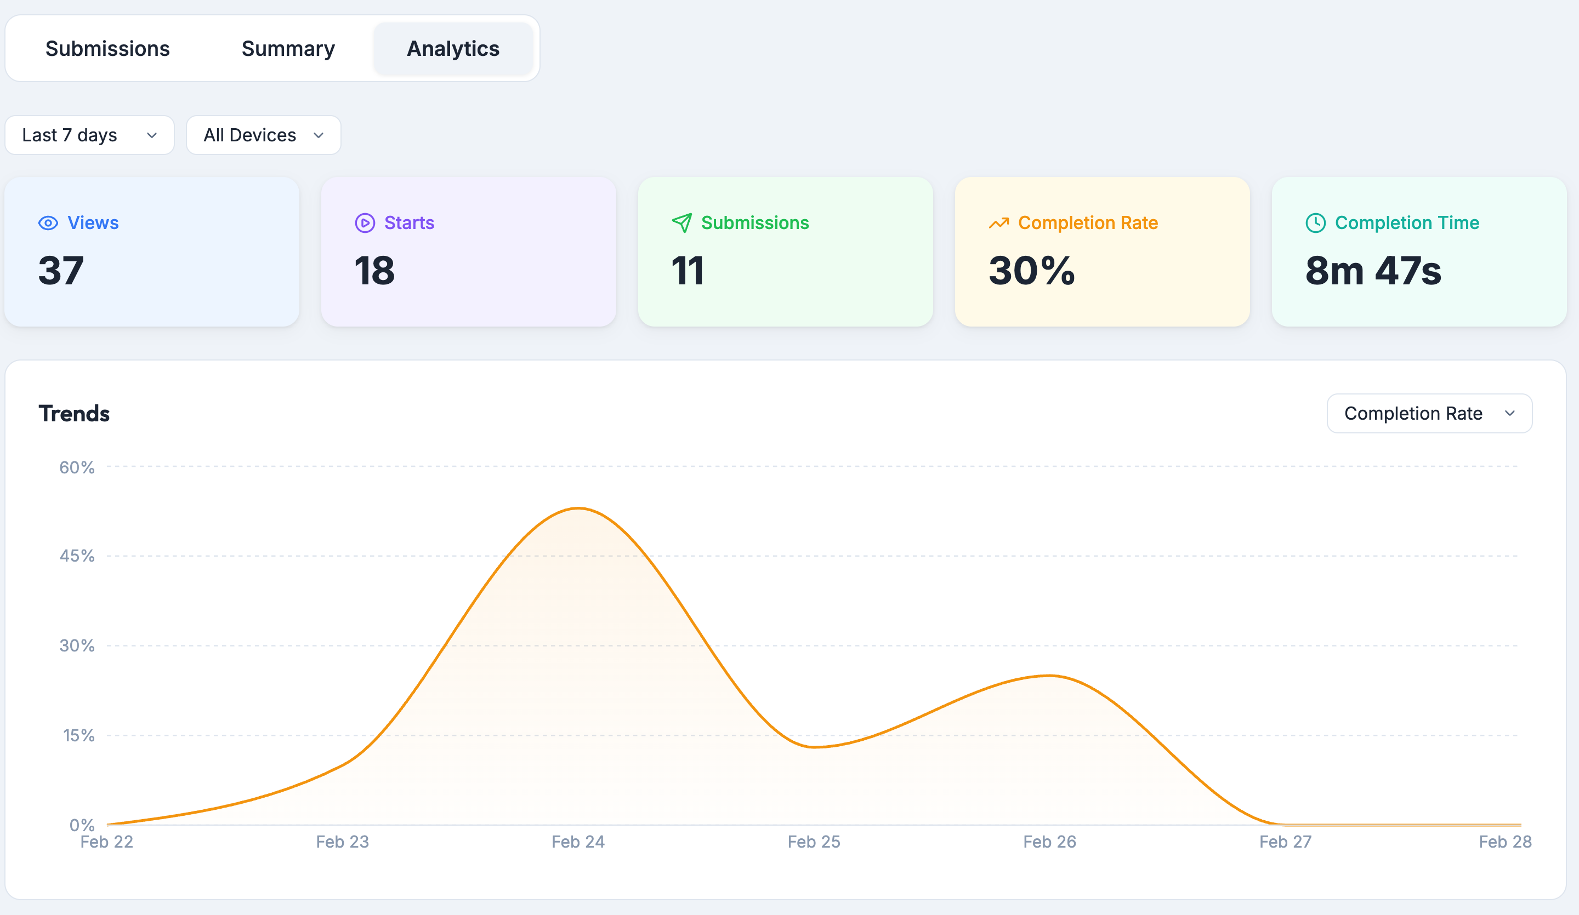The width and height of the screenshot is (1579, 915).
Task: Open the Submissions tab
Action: pos(107,49)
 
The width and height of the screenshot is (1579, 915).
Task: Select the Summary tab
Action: pos(288,49)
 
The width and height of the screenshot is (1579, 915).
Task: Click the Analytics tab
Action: pos(453,49)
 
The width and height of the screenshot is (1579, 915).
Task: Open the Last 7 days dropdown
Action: pos(89,135)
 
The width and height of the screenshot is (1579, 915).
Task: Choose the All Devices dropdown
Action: pos(263,135)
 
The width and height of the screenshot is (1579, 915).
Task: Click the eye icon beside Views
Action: pos(48,223)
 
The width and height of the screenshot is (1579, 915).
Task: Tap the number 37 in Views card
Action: pos(61,271)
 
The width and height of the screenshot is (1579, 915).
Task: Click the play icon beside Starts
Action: pos(365,223)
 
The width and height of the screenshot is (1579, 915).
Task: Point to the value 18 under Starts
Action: pos(374,271)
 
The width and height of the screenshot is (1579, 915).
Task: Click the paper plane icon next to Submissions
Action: pos(681,223)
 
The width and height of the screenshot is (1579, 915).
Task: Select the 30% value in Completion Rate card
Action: pos(1031,271)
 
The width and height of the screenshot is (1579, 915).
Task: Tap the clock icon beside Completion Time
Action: pos(1315,223)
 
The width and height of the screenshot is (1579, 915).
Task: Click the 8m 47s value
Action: pos(1373,271)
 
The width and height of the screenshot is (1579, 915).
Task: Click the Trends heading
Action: pos(74,413)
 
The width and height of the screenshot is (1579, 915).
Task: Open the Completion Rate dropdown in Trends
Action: pos(1429,413)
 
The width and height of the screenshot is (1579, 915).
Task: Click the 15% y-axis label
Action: pos(78,735)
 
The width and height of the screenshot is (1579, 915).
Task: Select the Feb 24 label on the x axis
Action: pos(578,842)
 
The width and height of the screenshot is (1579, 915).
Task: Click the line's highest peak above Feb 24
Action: pos(578,508)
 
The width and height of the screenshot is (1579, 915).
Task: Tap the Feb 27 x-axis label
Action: pos(1285,842)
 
